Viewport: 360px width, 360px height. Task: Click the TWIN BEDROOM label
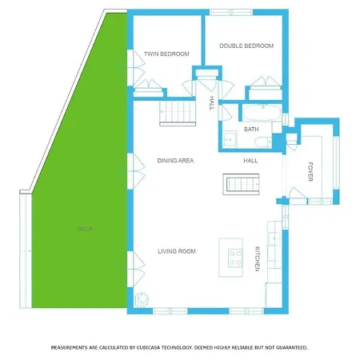pos(166,54)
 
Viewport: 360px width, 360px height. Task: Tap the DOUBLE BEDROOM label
pos(246,46)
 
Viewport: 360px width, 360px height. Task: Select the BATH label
pos(251,129)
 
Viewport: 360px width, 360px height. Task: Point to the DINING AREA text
pos(176,161)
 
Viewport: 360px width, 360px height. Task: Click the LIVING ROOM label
pos(176,251)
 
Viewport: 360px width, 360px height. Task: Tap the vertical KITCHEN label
pos(257,258)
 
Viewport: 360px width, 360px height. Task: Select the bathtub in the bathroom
pos(261,112)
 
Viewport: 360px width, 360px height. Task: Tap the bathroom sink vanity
pos(228,138)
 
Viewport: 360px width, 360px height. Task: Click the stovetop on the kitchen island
pos(236,257)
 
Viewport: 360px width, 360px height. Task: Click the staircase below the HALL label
pos(243,185)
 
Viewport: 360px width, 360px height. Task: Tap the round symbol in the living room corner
pos(142,301)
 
